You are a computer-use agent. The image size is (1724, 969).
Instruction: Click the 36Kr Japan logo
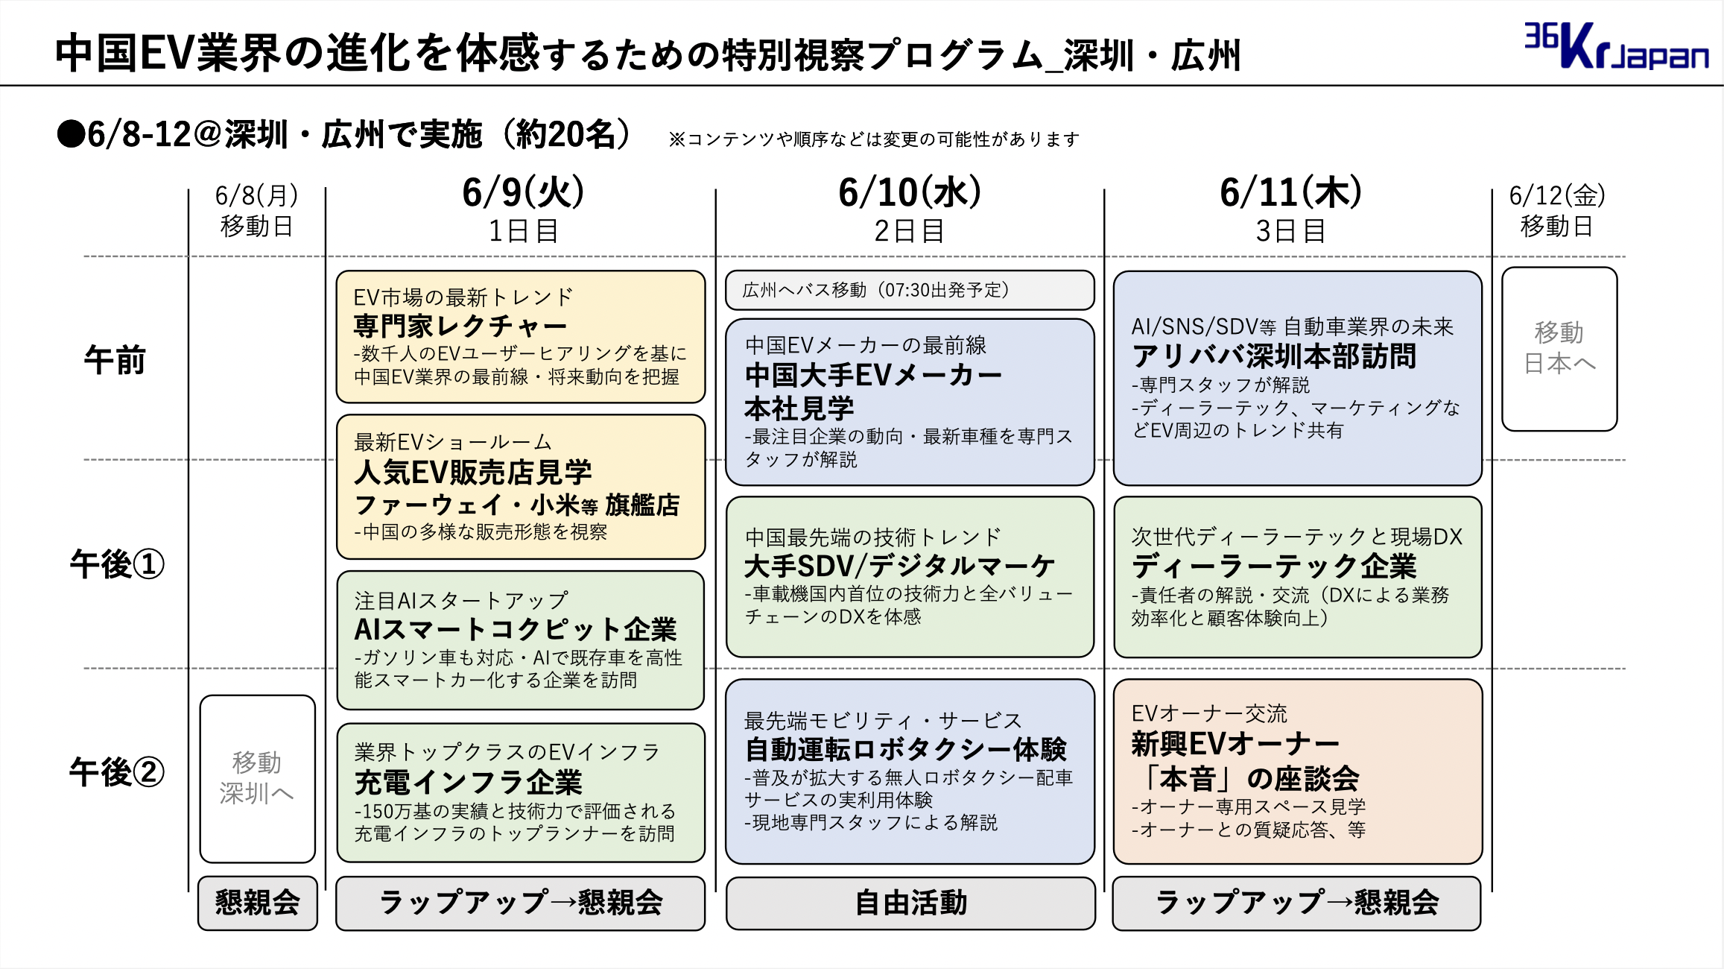pyautogui.click(x=1616, y=46)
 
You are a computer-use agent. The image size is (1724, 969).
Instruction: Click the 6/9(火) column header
pyautogui.click(x=523, y=192)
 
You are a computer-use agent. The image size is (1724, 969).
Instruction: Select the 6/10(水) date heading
pyautogui.click(x=910, y=192)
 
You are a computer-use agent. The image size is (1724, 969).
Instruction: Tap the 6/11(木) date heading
pyautogui.click(x=1291, y=192)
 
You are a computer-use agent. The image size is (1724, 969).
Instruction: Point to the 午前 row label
pyautogui.click(x=115, y=360)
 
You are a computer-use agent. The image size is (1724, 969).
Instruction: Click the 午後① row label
pyautogui.click(x=117, y=564)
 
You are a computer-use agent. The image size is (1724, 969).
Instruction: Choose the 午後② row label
pyautogui.click(x=117, y=771)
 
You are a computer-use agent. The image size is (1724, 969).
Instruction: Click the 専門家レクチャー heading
pyautogui.click(x=460, y=326)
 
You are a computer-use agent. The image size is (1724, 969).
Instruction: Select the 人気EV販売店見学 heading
pyautogui.click(x=473, y=472)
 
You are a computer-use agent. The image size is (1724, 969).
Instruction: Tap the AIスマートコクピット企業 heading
pyautogui.click(x=516, y=629)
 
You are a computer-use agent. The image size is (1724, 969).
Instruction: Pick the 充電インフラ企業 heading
pyautogui.click(x=469, y=782)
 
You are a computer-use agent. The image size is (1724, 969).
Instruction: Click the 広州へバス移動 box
pyautogui.click(x=910, y=290)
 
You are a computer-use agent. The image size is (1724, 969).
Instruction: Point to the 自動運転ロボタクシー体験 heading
pyautogui.click(x=906, y=749)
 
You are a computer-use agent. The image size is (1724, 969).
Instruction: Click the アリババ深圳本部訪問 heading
pyautogui.click(x=1274, y=356)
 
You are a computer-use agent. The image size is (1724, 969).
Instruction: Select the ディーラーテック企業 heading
pyautogui.click(x=1274, y=566)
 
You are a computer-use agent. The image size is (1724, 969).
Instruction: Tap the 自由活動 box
pyautogui.click(x=910, y=903)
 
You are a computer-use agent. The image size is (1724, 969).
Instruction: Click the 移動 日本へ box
pyautogui.click(x=1559, y=349)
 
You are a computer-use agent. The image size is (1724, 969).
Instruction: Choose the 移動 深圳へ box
pyautogui.click(x=257, y=779)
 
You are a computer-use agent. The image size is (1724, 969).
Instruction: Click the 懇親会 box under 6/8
pyautogui.click(x=258, y=903)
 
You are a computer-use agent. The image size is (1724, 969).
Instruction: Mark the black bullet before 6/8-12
pyautogui.click(x=71, y=135)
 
